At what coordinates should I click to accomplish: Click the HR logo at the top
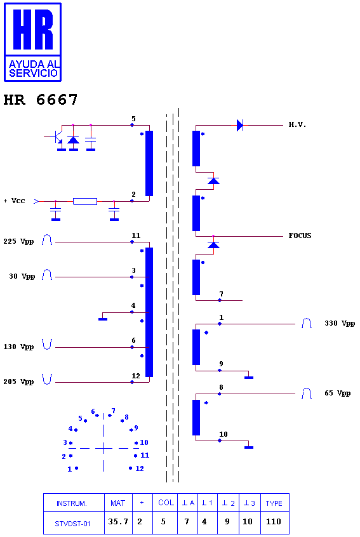pos(32,42)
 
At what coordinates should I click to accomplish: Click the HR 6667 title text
pos(41,100)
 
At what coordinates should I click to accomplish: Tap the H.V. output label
pos(297,124)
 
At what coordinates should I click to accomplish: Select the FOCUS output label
pos(300,235)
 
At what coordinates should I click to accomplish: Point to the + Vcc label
pos(15,201)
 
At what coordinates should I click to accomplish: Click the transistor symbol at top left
pos(56,137)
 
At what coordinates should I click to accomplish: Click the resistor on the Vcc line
pos(85,201)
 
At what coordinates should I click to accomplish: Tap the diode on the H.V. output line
pos(240,125)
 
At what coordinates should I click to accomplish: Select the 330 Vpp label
pos(340,324)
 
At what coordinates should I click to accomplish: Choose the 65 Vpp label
pos(337,393)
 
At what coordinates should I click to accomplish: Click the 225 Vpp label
pos(18,242)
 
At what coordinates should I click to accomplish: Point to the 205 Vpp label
pos(18,382)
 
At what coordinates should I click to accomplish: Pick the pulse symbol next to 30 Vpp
pos(47,275)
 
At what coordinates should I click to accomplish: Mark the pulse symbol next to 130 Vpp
pos(47,344)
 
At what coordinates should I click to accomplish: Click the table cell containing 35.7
pos(118,522)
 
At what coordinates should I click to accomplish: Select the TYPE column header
pos(274,503)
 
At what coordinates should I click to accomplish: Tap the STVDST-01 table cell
pos(72,524)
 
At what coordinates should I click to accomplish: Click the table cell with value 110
pos(274,522)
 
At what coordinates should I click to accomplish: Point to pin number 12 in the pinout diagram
pos(140,468)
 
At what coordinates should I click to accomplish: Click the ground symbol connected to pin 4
pos(103,319)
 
